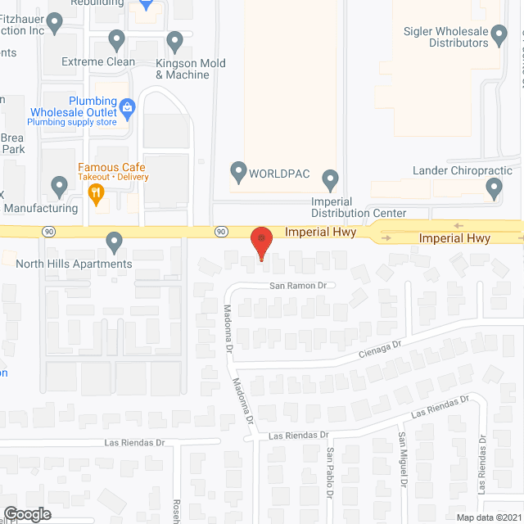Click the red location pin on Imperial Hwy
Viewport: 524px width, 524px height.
pyautogui.click(x=261, y=242)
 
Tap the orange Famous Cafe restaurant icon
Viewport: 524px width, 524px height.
pyautogui.click(x=97, y=194)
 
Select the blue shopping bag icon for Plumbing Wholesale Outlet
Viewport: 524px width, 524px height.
pyautogui.click(x=128, y=107)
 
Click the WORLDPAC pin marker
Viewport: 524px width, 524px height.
pyautogui.click(x=238, y=172)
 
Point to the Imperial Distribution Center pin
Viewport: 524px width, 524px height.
pyautogui.click(x=331, y=178)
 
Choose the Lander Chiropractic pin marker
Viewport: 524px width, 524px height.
pyautogui.click(x=494, y=188)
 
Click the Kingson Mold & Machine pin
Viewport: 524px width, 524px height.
pyautogui.click(x=174, y=40)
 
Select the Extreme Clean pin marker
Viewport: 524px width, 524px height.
pyautogui.click(x=116, y=39)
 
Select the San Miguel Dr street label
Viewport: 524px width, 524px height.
pyautogui.click(x=402, y=458)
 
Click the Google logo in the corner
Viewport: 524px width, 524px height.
pyautogui.click(x=27, y=514)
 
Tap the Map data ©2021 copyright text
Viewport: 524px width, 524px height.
pyautogui.click(x=488, y=517)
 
